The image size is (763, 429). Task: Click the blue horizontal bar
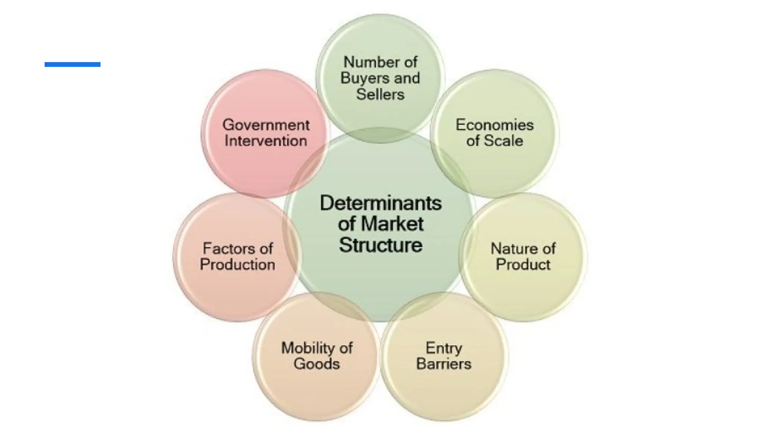72,64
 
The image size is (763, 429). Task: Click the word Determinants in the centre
380,203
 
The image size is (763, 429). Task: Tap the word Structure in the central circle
380,245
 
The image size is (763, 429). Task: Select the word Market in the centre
392,224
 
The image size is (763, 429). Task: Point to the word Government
266,125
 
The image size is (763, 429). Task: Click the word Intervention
266,141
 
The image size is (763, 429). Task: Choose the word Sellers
380,94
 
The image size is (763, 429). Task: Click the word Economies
494,125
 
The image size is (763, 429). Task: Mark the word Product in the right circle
523,265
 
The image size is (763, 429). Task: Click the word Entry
444,348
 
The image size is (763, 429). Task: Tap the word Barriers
444,364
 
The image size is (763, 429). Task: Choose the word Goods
316,364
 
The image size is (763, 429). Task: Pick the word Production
237,265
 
